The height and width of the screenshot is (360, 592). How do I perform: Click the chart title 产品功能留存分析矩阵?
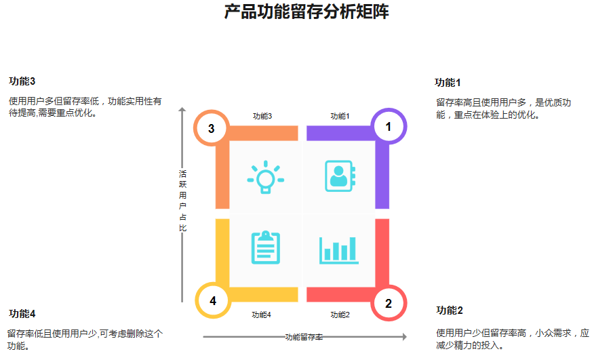tap(307, 12)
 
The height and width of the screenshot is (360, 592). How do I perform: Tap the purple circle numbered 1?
tap(389, 126)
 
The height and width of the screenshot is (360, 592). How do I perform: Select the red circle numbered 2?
tap(389, 303)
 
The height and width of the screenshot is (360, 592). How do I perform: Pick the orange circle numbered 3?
tap(212, 128)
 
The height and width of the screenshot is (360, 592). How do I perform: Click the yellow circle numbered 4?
tap(213, 301)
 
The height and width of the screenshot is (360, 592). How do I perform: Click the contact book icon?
tap(338, 176)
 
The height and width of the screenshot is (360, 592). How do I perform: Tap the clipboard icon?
tap(265, 247)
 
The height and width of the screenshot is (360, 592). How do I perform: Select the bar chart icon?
tap(338, 249)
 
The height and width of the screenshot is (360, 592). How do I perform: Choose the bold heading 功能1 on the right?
tap(448, 83)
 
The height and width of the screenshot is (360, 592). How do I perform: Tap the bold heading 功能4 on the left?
tap(22, 313)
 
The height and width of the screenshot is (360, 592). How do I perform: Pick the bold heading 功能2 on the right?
tap(450, 311)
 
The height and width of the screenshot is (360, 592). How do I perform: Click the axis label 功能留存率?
tap(304, 337)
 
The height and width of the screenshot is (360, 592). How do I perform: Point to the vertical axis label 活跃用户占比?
tap(182, 201)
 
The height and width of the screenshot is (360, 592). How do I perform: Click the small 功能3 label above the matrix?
tap(262, 116)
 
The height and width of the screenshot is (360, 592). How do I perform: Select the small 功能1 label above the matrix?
tap(340, 116)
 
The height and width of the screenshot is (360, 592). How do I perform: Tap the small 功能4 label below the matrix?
tap(261, 315)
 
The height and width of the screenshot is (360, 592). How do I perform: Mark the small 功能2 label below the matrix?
tap(340, 315)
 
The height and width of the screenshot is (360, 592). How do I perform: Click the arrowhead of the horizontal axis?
tap(404, 337)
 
